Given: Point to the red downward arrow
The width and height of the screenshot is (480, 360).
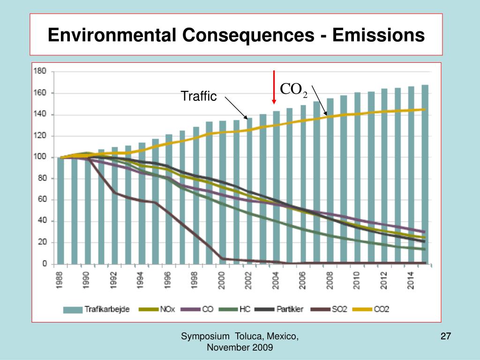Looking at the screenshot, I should [274, 87].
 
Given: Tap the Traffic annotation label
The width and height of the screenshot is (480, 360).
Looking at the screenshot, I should [199, 97].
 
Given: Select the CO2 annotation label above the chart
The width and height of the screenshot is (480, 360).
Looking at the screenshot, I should [294, 90].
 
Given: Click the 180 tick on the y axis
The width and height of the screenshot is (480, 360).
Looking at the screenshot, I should [40, 71].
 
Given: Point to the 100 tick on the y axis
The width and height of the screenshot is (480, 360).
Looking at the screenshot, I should [40, 157].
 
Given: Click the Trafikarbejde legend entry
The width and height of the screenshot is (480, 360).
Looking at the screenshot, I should [104, 309].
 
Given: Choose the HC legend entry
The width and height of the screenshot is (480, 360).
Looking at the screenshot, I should [245, 309].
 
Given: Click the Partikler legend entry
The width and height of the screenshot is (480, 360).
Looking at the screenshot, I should [286, 309].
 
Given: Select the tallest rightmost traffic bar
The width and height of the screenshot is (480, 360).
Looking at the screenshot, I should [425, 173].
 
